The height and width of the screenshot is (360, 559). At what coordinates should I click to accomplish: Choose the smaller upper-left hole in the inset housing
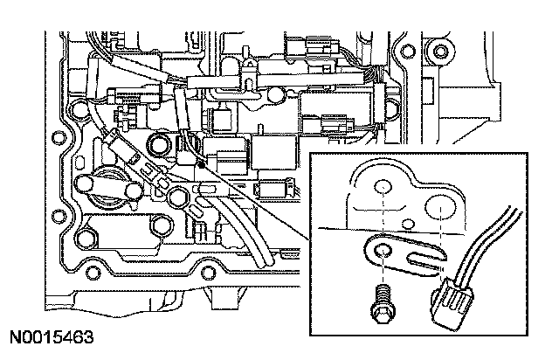coord(381,187)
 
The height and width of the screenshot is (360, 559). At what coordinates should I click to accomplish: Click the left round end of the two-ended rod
coord(84,183)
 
